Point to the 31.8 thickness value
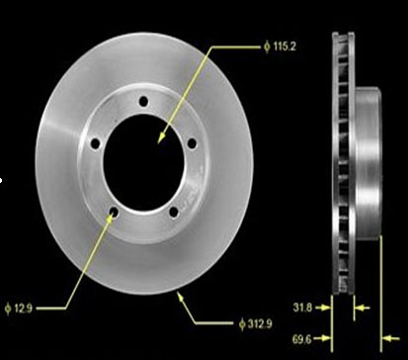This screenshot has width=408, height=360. (302, 308)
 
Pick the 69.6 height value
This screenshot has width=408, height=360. (301, 339)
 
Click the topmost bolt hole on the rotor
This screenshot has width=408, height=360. (143, 101)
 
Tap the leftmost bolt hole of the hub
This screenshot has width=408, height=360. (95, 143)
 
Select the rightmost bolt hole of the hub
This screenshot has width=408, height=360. (192, 143)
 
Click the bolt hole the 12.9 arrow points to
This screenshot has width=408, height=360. (114, 211)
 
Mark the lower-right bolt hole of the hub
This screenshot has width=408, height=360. (174, 213)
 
